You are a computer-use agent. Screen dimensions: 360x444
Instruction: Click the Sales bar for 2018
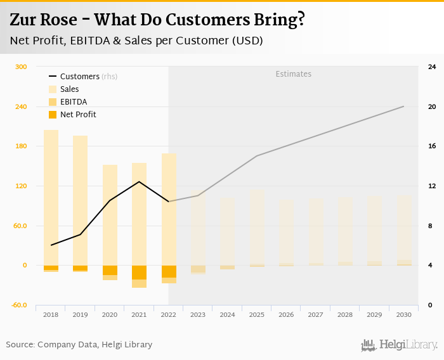tap(51, 196)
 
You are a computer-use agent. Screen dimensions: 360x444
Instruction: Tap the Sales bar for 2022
tap(169, 209)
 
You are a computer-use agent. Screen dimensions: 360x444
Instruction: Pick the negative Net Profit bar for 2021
tap(139, 273)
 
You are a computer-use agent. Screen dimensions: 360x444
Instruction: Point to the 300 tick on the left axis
tap(22, 67)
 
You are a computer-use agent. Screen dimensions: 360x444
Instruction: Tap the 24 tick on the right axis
tap(431, 67)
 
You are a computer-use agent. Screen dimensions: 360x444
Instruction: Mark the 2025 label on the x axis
tap(257, 315)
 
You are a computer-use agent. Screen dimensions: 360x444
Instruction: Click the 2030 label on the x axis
tap(404, 315)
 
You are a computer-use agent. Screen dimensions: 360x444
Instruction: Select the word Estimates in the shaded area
tap(293, 74)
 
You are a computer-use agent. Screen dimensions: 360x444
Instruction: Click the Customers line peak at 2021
tap(139, 182)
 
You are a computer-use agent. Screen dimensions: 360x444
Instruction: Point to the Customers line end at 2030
tap(404, 106)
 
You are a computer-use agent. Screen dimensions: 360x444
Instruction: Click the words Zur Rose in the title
tap(42, 20)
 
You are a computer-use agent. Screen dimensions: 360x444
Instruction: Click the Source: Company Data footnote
tap(79, 345)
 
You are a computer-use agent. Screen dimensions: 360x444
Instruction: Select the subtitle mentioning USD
tap(136, 41)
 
